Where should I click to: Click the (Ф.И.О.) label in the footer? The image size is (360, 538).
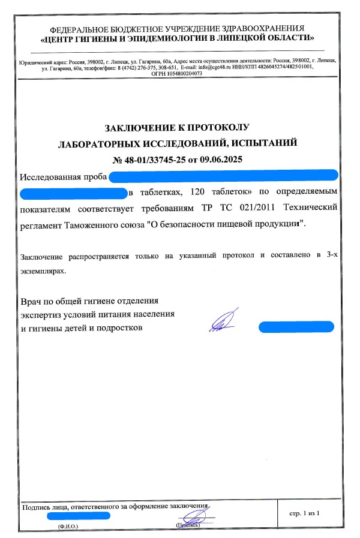68,525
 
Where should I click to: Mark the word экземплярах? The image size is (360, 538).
42,270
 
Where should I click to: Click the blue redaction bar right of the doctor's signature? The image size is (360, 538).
296,327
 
